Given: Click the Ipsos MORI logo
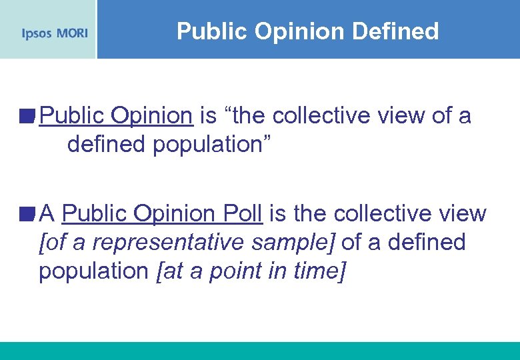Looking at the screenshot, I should tap(54, 33).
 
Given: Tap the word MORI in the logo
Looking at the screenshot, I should tap(71, 33).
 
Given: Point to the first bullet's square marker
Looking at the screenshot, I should tap(26, 117).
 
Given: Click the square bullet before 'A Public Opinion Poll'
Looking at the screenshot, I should tap(26, 214).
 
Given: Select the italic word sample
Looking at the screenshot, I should tap(300, 243).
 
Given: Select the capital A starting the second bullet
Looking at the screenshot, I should tap(47, 213).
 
